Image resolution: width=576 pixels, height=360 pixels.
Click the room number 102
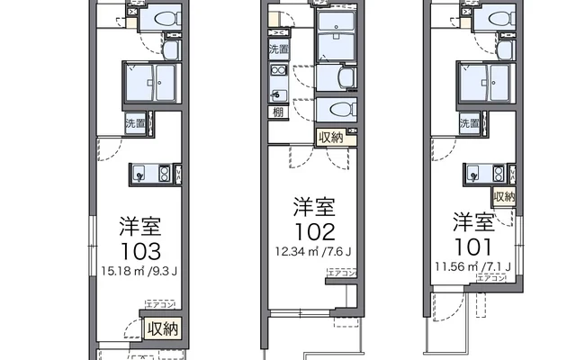(314, 232)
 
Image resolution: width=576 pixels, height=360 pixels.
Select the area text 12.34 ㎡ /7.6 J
(314, 251)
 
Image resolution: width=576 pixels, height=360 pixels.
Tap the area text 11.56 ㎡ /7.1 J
(473, 266)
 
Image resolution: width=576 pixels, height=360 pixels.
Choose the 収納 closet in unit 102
(329, 137)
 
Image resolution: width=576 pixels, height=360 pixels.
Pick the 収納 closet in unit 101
(504, 196)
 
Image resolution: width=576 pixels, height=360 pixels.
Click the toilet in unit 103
(164, 20)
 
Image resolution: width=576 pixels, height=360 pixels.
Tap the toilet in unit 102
(341, 109)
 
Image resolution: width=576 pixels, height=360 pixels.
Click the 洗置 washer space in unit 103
(134, 122)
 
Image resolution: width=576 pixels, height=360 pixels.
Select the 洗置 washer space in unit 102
(278, 50)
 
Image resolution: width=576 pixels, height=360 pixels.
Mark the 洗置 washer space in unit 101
(469, 123)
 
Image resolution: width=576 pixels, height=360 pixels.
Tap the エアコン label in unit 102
(342, 272)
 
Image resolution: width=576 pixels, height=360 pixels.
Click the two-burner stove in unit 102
(277, 74)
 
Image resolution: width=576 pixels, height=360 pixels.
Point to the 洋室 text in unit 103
(141, 223)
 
